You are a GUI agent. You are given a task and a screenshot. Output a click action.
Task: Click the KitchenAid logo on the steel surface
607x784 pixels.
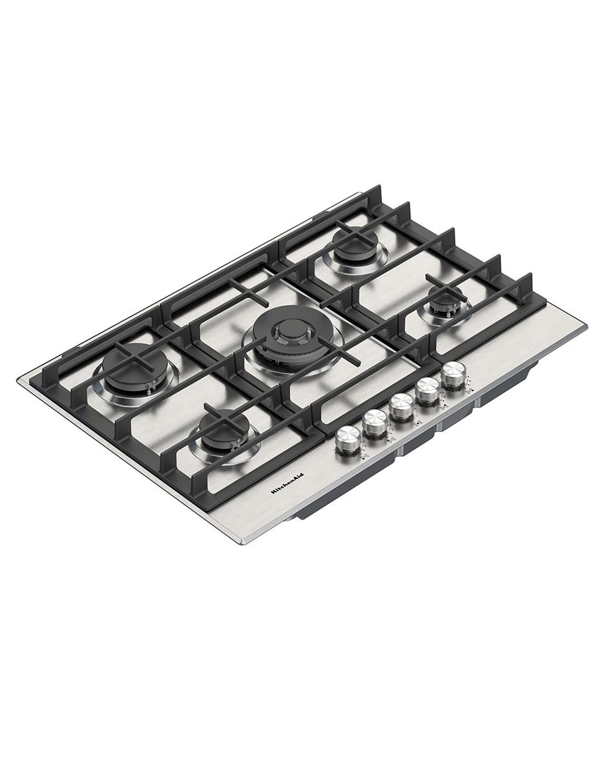(287, 483)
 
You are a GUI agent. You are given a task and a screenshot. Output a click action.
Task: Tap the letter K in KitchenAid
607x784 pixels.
(273, 492)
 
